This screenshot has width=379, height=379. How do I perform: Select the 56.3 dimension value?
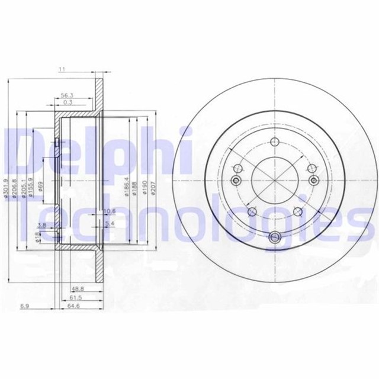(x=67, y=94)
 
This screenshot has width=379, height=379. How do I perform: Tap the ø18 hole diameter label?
(x=38, y=237)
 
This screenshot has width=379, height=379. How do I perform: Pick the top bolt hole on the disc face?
(x=274, y=142)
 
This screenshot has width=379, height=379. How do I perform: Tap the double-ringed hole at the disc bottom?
(x=274, y=237)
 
